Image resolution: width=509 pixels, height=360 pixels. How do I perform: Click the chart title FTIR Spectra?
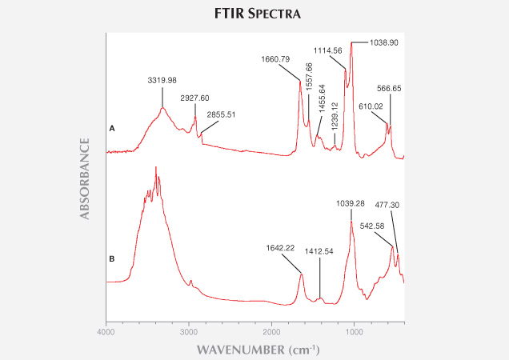(254, 14)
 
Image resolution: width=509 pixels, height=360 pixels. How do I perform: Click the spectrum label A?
(112, 128)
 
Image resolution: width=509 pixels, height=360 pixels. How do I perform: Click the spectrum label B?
(112, 258)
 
